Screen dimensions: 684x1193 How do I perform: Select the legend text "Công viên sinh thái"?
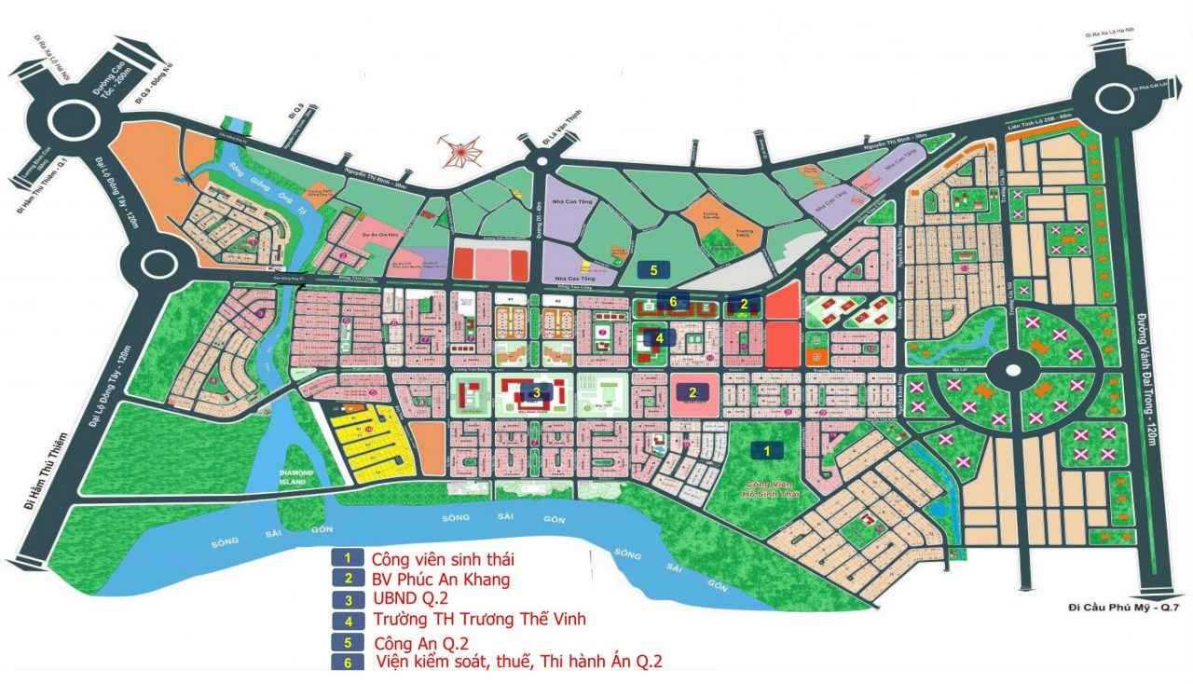[x=443, y=560]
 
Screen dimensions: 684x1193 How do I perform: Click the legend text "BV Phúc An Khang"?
[x=441, y=580]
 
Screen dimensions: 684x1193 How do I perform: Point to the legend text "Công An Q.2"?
[x=420, y=643]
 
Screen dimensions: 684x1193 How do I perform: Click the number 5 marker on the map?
[x=654, y=270]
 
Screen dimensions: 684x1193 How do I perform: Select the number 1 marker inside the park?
[x=767, y=450]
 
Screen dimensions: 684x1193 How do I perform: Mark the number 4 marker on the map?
[x=659, y=337]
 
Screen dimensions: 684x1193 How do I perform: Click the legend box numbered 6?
[x=347, y=663]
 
